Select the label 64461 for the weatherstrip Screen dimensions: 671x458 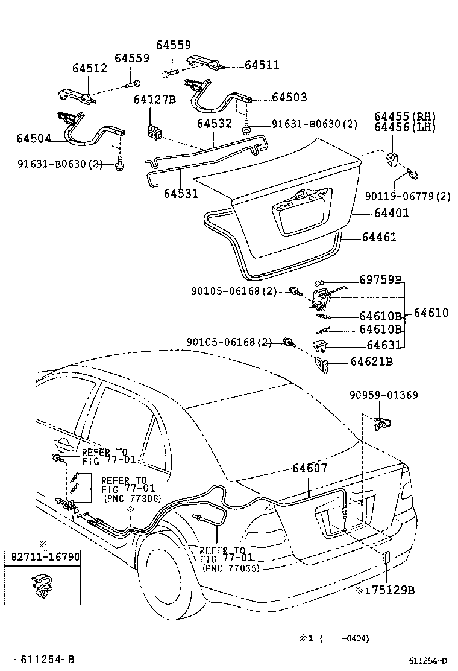379,237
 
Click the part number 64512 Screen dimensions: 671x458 90,68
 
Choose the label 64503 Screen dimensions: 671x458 289,97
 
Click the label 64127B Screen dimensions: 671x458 154,100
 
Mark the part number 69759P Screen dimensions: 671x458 380,279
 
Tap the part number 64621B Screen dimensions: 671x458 372,361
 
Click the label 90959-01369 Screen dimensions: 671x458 383,395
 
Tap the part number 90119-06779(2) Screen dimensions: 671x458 408,196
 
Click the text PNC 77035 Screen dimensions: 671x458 229,568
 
